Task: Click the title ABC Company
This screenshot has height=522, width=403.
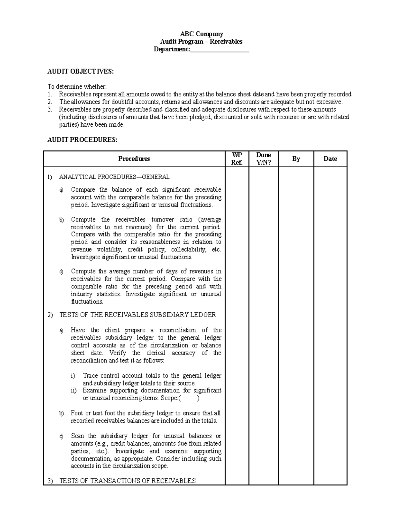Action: (x=201, y=34)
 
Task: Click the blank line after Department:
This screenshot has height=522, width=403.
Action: (x=220, y=50)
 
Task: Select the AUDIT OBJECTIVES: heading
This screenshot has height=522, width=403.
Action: (x=81, y=71)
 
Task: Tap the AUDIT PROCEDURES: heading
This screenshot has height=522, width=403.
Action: (x=83, y=140)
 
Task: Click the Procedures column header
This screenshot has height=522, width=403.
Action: (x=134, y=159)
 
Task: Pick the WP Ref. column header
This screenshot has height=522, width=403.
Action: (x=237, y=159)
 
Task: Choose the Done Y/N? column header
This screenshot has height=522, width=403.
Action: (x=263, y=159)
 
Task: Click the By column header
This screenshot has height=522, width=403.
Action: (x=296, y=159)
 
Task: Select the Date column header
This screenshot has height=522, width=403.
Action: (x=330, y=159)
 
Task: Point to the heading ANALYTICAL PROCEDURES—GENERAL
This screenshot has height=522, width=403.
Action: (x=114, y=177)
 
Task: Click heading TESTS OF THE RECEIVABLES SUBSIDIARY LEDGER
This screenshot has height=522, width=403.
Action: (x=138, y=315)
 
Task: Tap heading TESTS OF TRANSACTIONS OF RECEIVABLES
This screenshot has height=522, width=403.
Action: (x=127, y=481)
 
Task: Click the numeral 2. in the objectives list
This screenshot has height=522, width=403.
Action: (x=50, y=102)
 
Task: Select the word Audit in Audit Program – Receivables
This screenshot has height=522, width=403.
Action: (x=168, y=42)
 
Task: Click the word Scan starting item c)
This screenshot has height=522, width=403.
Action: (x=78, y=436)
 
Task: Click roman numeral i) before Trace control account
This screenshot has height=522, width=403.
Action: (x=73, y=376)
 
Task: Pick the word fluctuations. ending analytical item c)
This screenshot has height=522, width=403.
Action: (x=87, y=302)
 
